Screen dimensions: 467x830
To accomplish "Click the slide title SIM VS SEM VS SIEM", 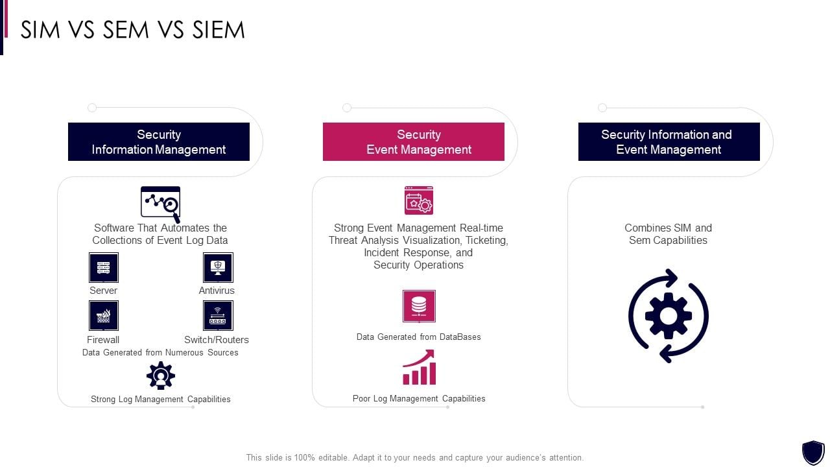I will [133, 30].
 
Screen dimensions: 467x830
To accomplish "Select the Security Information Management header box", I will [159, 141].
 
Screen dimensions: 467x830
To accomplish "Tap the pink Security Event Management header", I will [414, 141].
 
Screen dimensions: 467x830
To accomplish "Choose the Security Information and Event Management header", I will [669, 141].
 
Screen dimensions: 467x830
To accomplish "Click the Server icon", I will [104, 268].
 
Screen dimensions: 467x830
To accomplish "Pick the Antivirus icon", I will [218, 268].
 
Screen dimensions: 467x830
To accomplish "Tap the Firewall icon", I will [104, 316].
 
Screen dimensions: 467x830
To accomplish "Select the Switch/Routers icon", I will [218, 316].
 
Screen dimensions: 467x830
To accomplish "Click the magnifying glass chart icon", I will [161, 204].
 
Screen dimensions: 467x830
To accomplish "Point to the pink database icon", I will [419, 305].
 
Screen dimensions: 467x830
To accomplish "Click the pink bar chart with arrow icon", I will [419, 367].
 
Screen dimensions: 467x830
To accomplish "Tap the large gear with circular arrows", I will [669, 316].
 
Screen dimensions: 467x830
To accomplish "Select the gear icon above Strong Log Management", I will [161, 376].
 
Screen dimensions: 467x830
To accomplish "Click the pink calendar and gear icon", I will [419, 201].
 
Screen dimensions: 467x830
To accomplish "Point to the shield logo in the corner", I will [812, 452].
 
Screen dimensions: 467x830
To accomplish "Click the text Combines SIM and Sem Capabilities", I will [669, 234].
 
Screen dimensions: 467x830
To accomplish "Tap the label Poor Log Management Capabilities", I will [419, 399].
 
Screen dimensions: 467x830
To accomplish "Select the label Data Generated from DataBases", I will [419, 337].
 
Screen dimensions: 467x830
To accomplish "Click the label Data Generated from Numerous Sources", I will [160, 353].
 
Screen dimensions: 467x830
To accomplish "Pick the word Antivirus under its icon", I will [217, 291].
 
